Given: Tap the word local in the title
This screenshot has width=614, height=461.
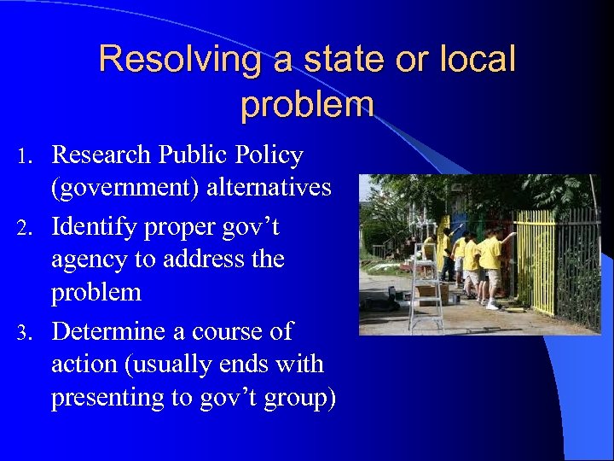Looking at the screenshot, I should pos(478,60).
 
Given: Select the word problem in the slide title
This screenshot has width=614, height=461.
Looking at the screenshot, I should pos(307,104).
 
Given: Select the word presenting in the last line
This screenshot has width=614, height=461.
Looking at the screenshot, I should pos(107,398).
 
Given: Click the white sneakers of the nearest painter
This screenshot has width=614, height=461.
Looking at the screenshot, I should pos(492,305).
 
